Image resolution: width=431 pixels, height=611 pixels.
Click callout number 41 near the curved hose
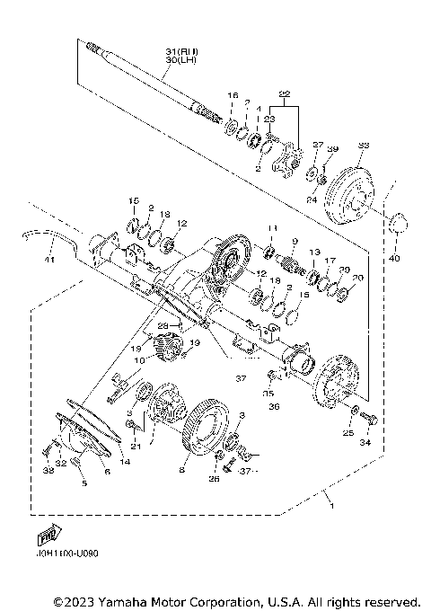pyautogui.click(x=50, y=261)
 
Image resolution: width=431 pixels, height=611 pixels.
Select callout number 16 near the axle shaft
pyautogui.click(x=231, y=95)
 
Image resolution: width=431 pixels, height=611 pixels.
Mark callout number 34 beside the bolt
pyautogui.click(x=365, y=442)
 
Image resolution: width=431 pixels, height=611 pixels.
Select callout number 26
pyautogui.click(x=214, y=479)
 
